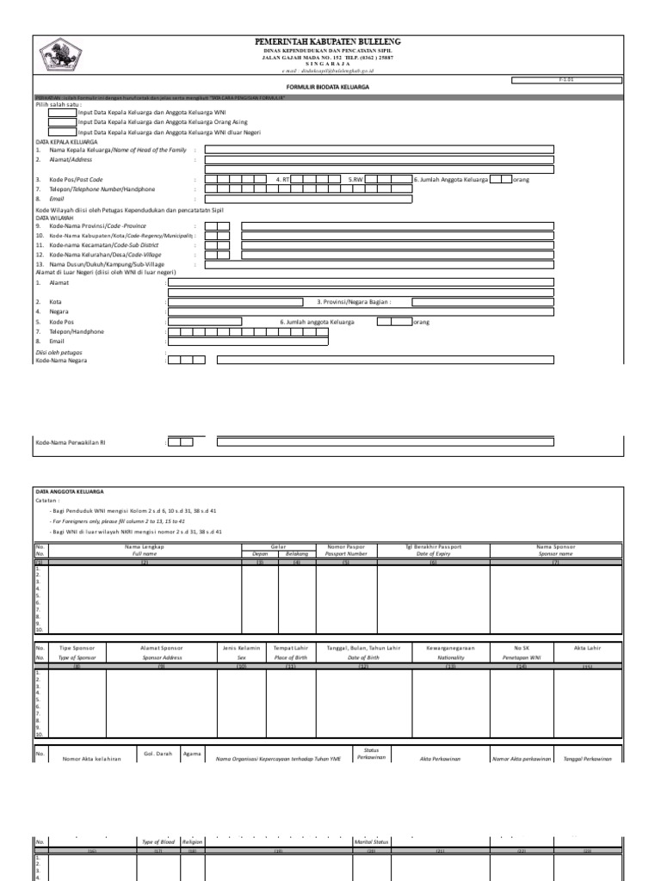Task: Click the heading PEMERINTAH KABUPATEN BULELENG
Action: click(x=327, y=42)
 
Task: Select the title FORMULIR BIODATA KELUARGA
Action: click(x=326, y=88)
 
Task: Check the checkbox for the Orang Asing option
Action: click(x=62, y=122)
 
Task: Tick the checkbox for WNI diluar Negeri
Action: click(x=62, y=132)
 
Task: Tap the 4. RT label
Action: click(x=282, y=179)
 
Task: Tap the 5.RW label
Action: click(x=355, y=179)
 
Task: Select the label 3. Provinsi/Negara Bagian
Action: click(x=354, y=302)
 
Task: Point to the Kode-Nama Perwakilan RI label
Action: click(x=71, y=442)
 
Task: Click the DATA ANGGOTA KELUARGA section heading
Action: click(x=70, y=491)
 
